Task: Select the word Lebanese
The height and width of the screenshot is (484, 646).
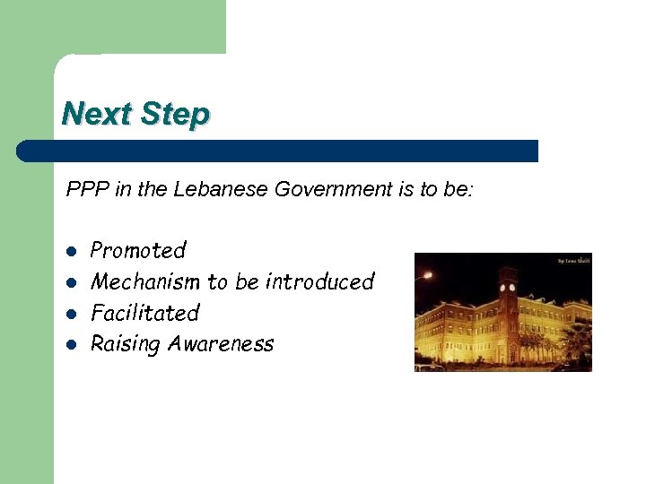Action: (222, 189)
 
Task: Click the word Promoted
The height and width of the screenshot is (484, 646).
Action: (138, 250)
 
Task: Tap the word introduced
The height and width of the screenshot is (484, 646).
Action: (319, 281)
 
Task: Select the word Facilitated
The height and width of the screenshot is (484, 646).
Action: (144, 313)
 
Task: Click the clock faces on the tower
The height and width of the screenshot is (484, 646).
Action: (509, 290)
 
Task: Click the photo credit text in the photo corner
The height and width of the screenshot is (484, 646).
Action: (573, 260)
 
